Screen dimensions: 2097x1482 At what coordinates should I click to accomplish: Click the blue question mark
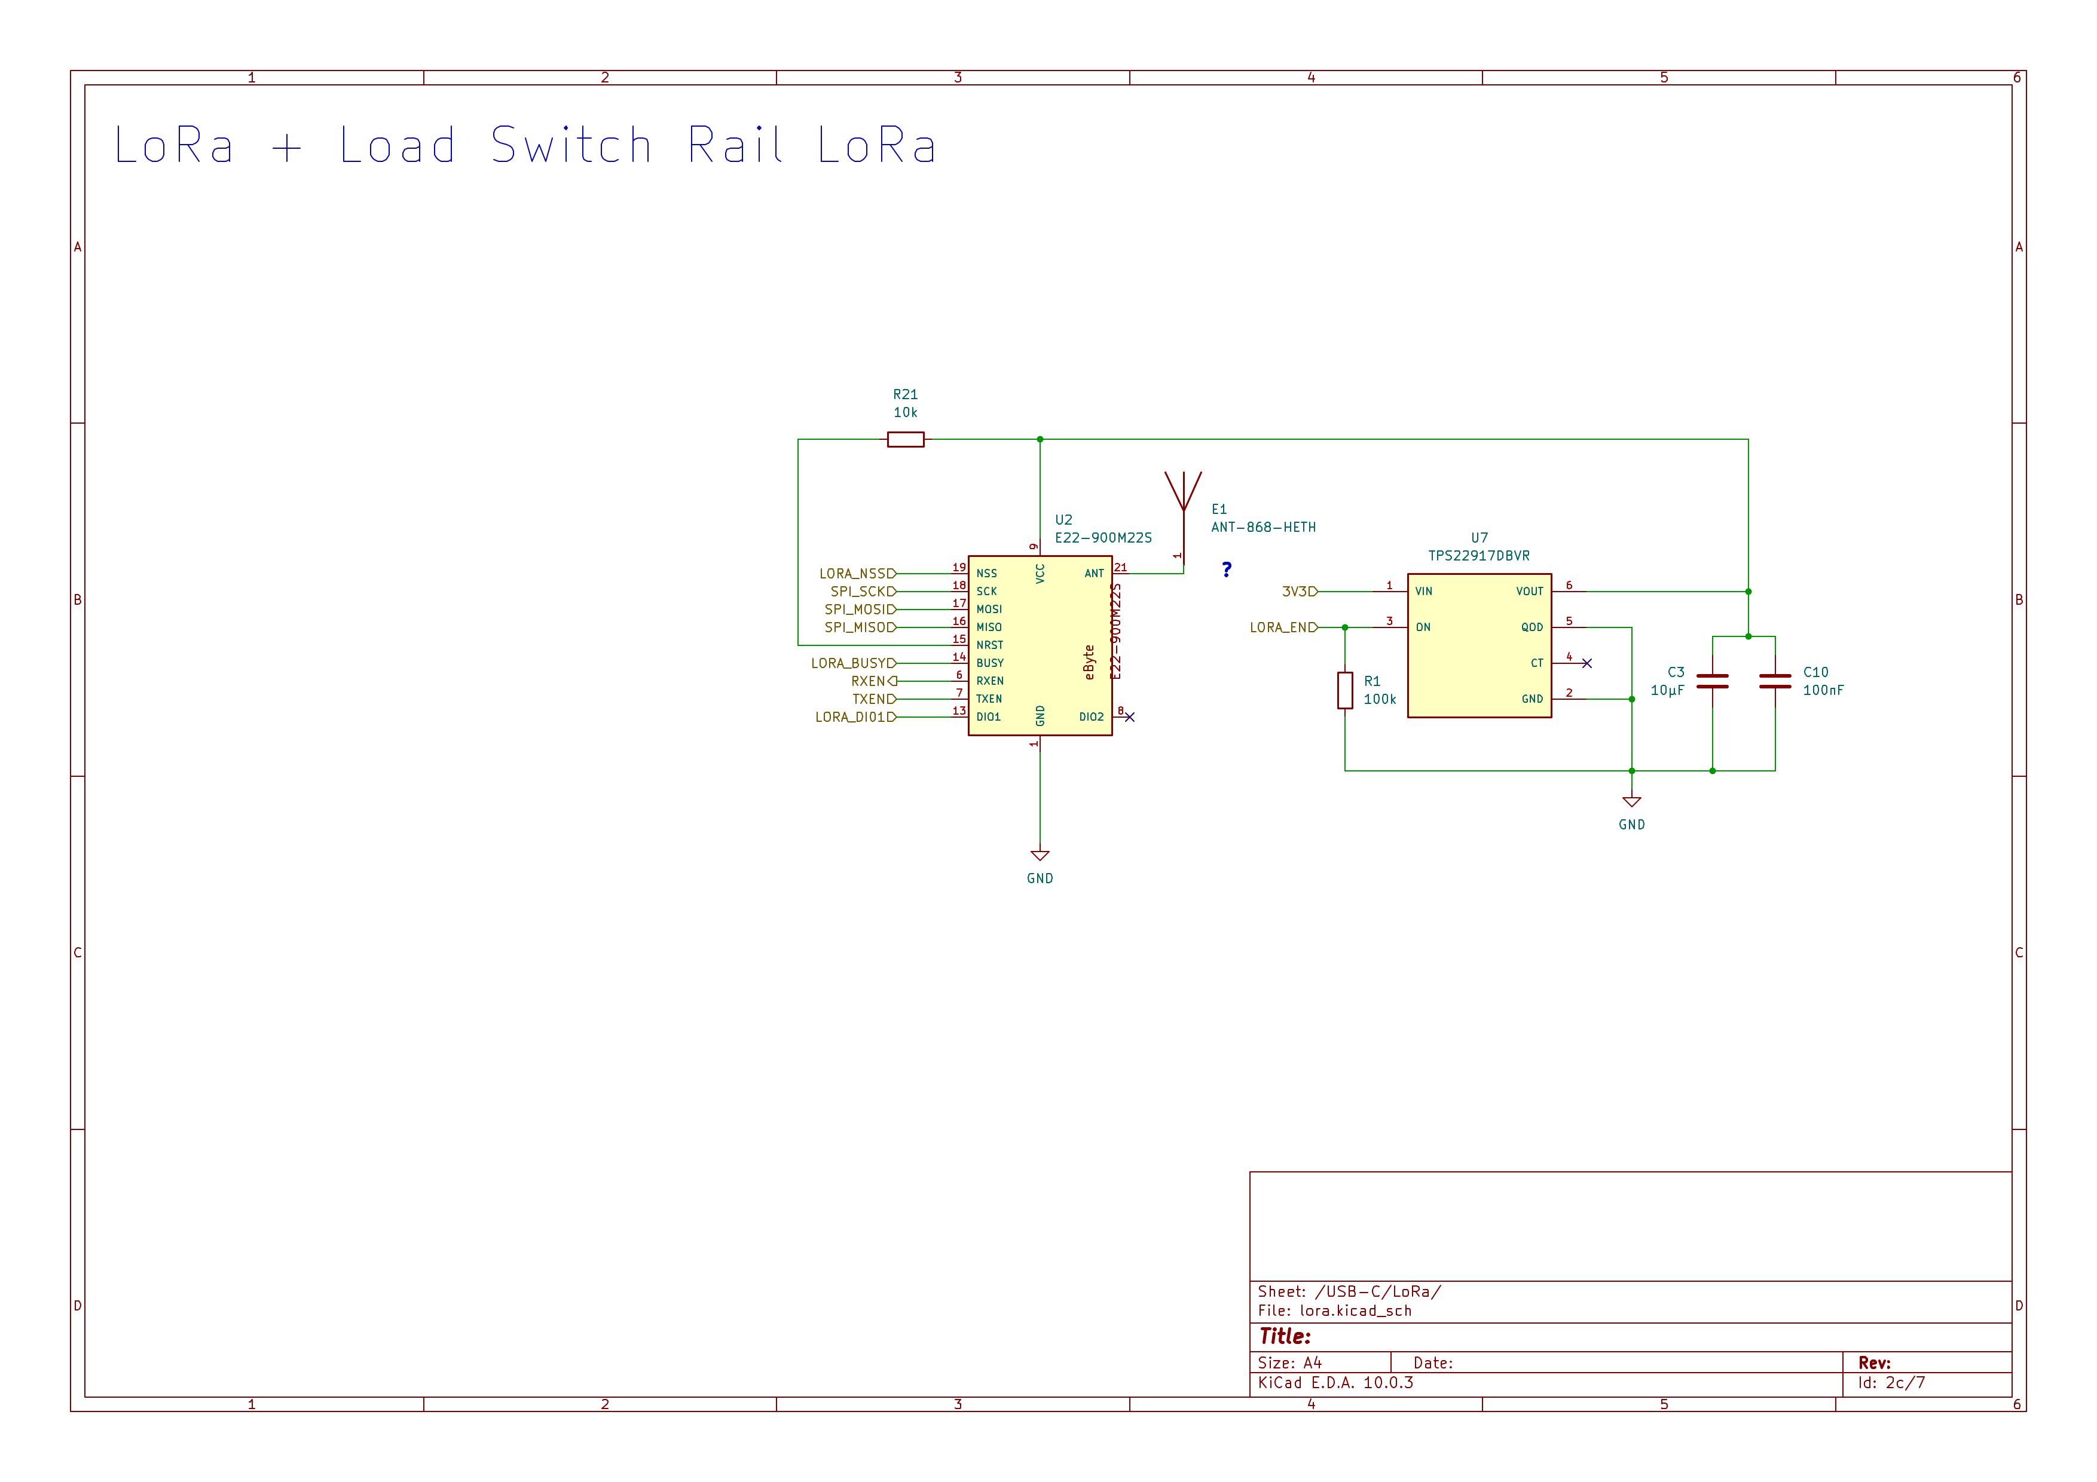[1227, 569]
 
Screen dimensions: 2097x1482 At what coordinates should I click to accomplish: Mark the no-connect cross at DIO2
[1130, 717]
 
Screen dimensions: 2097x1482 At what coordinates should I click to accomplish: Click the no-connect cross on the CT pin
[1586, 663]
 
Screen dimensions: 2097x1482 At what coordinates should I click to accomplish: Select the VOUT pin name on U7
[1530, 592]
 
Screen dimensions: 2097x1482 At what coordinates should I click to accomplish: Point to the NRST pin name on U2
[989, 645]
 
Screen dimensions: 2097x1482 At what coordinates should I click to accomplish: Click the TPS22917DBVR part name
[1479, 555]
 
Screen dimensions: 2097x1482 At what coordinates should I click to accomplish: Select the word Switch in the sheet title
[571, 145]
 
